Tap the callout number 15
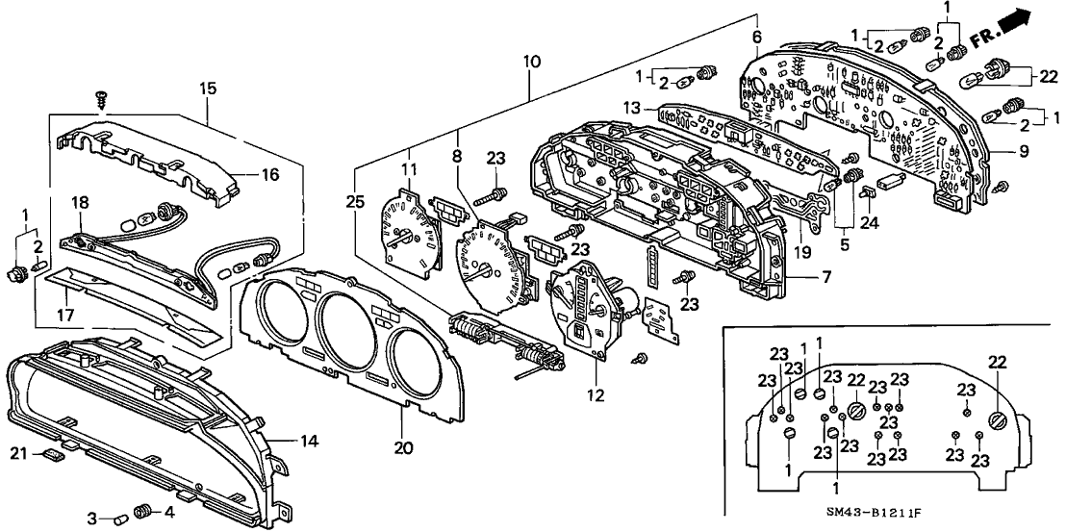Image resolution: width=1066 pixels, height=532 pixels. point(208,89)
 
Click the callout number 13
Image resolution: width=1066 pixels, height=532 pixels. point(632,107)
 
